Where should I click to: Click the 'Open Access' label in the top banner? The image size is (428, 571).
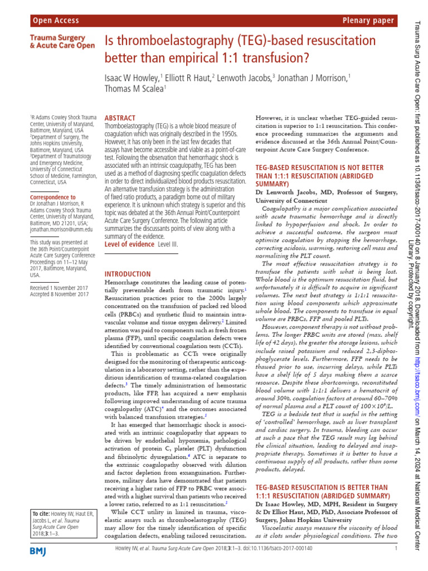[x=56, y=21]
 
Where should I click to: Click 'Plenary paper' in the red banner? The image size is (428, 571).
[x=369, y=21]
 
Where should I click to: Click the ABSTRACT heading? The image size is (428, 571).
[x=120, y=118]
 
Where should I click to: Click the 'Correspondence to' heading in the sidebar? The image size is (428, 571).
[x=53, y=197]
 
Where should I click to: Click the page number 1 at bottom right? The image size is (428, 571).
[x=395, y=549]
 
